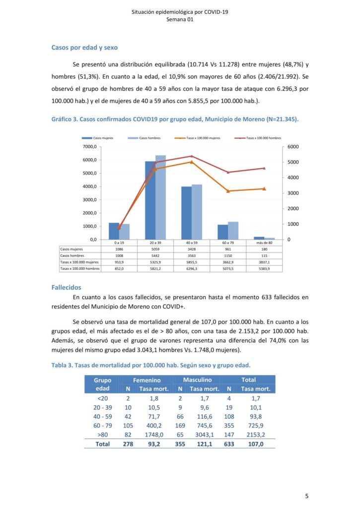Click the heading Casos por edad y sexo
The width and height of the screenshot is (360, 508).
click(x=84, y=48)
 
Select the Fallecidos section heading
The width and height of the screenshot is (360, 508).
click(x=67, y=287)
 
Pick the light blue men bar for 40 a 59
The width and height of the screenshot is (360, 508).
click(x=197, y=212)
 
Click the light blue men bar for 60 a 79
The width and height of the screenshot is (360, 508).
click(x=233, y=230)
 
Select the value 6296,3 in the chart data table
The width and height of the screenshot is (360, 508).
click(x=192, y=268)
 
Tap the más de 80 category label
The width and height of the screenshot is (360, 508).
click(x=264, y=243)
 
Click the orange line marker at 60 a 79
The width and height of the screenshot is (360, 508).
click(x=228, y=191)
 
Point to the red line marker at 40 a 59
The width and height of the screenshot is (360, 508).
click(x=192, y=156)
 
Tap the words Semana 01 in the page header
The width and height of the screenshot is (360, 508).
click(x=180, y=20)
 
